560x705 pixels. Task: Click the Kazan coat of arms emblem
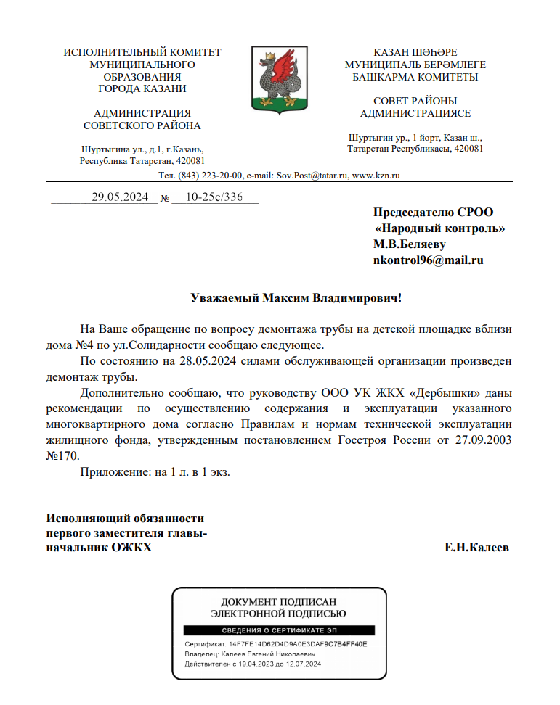pyautogui.click(x=280, y=79)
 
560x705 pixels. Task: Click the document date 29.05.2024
pyautogui.click(x=120, y=197)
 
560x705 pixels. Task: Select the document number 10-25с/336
pyautogui.click(x=214, y=197)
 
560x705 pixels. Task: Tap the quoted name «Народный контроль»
pyautogui.click(x=440, y=228)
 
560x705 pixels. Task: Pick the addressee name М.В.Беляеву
pyautogui.click(x=409, y=244)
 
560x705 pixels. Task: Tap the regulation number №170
pyautogui.click(x=62, y=455)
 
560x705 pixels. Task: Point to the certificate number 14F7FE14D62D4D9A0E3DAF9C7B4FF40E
pyautogui.click(x=298, y=644)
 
